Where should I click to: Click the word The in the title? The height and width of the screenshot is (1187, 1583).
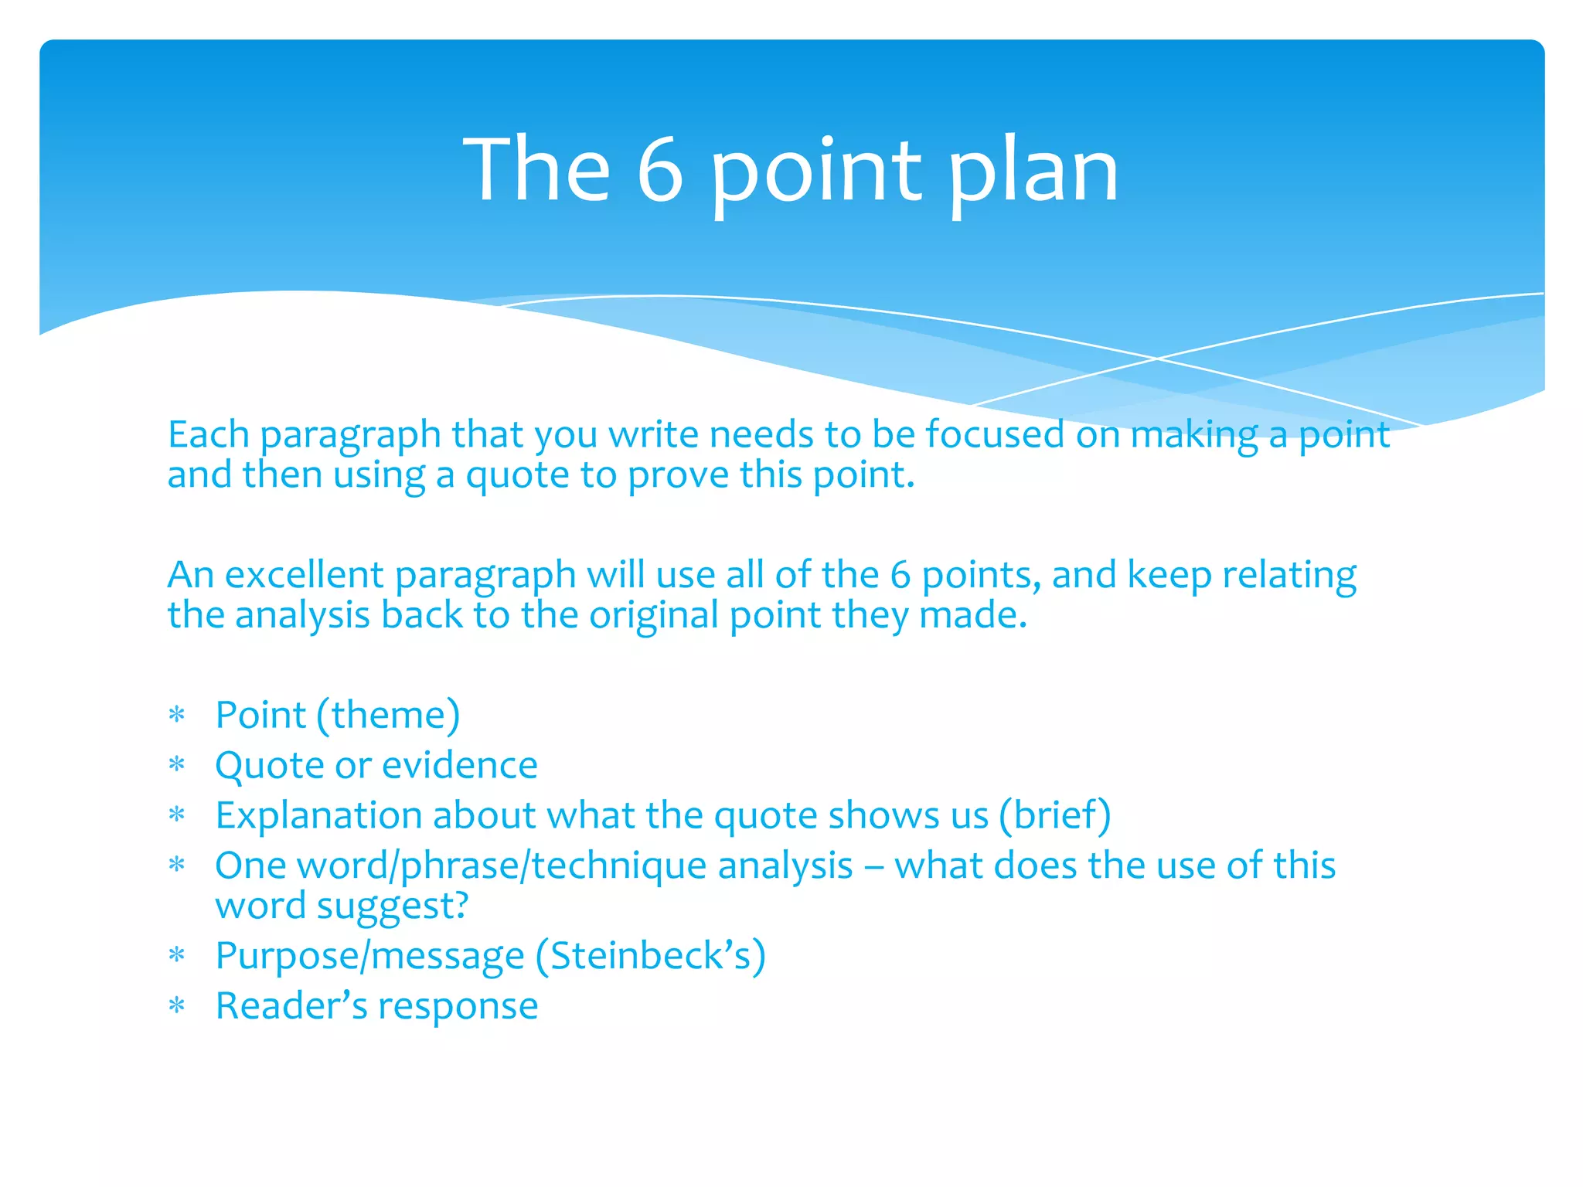pos(536,170)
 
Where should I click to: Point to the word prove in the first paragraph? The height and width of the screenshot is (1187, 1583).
pos(678,474)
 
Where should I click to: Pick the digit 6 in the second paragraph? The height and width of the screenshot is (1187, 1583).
pos(900,575)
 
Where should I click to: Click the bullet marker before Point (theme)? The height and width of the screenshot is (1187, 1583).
pos(177,716)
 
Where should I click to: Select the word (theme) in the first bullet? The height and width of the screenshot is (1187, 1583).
pos(389,715)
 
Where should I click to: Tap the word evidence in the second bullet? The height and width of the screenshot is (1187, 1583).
pos(460,765)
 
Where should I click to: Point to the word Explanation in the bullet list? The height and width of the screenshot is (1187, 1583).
pos(318,816)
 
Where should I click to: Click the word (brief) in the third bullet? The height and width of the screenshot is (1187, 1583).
pos(1055,815)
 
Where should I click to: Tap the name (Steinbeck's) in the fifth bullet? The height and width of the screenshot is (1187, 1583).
pos(651,956)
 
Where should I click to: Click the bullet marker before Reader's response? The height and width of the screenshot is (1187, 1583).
pos(177,1006)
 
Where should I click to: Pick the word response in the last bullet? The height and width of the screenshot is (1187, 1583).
pos(458,1007)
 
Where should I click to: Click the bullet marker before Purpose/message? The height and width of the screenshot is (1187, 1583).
pos(177,957)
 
